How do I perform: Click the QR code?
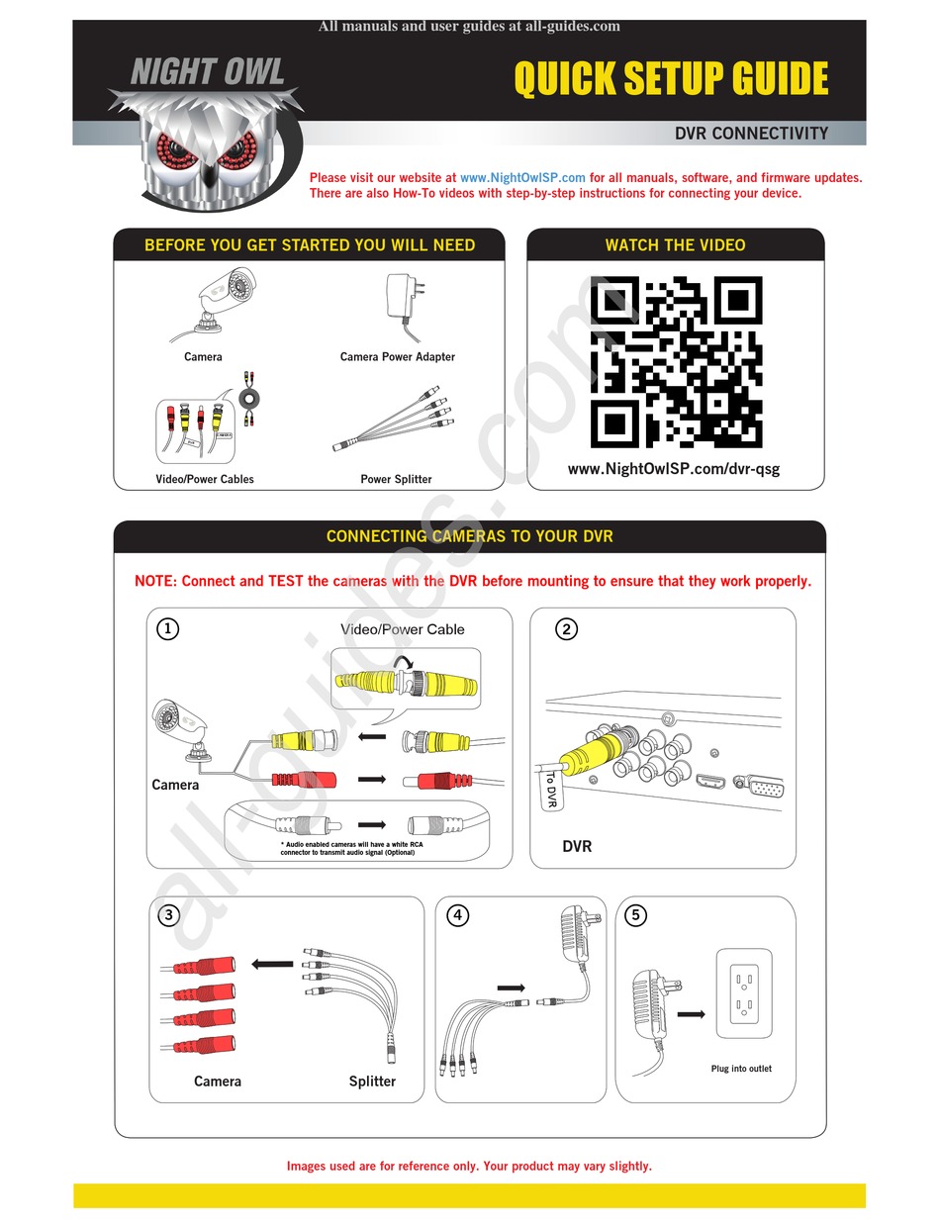676,362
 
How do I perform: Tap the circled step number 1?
168,628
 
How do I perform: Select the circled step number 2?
567,628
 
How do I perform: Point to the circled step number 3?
168,915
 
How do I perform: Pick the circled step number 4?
457,915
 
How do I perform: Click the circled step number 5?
636,915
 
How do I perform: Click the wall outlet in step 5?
743,993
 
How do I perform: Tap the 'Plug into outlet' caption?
741,1069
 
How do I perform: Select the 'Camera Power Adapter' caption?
398,357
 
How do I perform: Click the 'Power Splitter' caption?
396,479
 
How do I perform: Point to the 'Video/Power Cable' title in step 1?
402,629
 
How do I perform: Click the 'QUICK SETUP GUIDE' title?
671,79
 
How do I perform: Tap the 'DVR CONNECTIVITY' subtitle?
751,133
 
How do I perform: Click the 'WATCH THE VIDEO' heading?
675,245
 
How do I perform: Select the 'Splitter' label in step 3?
372,1082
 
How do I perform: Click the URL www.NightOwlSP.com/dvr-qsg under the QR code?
674,468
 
